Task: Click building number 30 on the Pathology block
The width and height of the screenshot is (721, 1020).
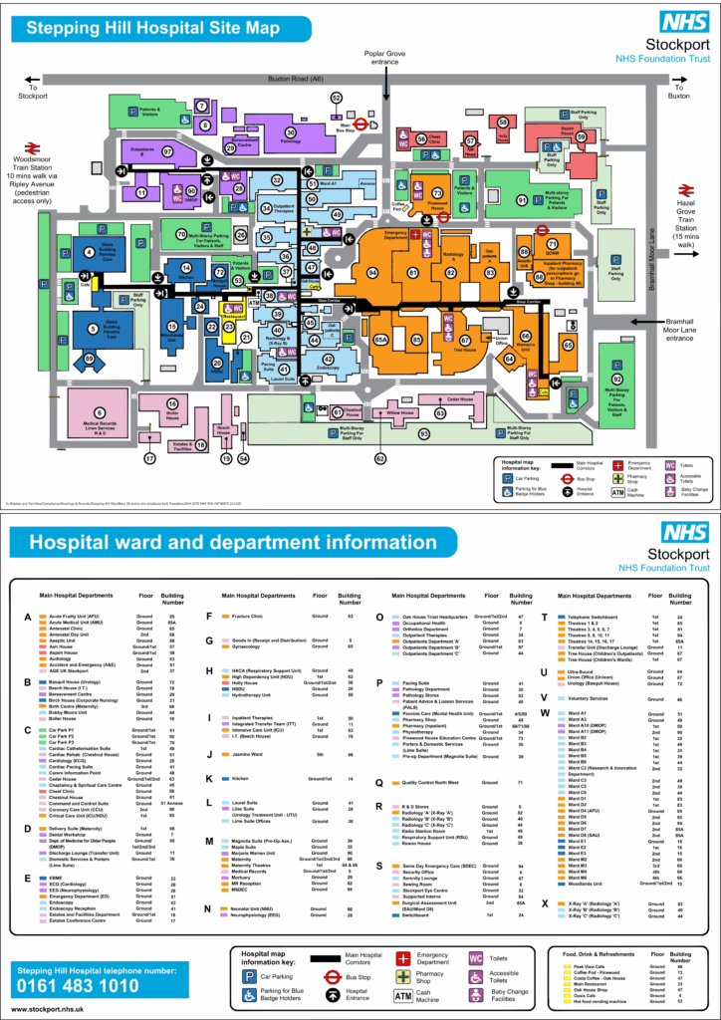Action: tap(291, 131)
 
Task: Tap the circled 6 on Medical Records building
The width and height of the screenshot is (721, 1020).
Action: tap(99, 412)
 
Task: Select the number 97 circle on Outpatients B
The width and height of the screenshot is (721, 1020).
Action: tap(167, 152)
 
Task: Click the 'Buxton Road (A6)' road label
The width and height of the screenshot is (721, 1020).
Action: tap(303, 77)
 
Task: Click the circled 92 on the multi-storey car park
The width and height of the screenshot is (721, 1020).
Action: tap(617, 380)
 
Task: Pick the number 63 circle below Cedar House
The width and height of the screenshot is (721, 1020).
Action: tap(439, 411)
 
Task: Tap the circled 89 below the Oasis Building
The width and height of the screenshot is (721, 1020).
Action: tap(90, 359)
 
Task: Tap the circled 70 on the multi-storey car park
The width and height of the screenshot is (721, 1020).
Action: tap(180, 234)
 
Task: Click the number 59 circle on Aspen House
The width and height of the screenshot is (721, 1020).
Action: tap(582, 136)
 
